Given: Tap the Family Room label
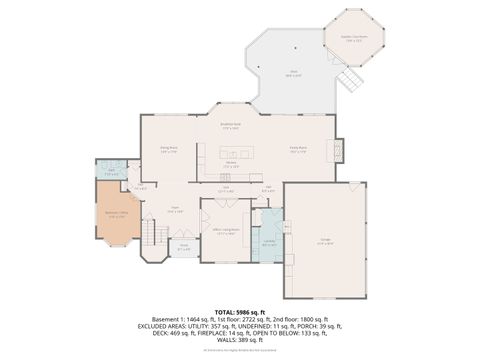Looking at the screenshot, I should (x=298, y=149).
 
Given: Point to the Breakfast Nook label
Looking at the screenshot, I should (x=230, y=127).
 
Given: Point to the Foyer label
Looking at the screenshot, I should (x=174, y=211).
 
